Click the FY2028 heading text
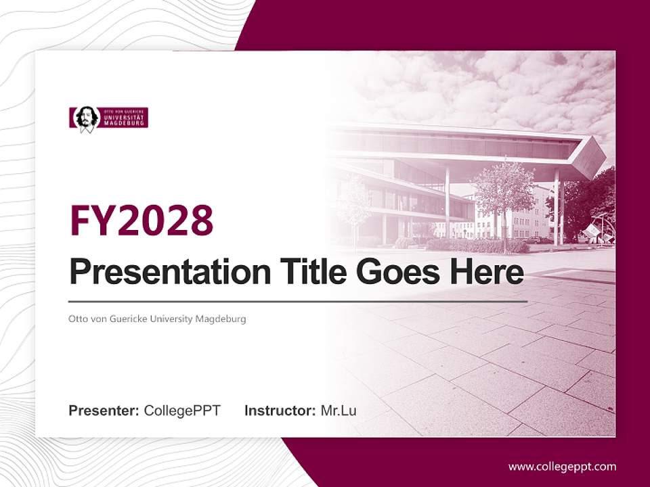pyautogui.click(x=142, y=220)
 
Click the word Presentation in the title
pyautogui.click(x=170, y=272)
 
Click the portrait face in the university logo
pyautogui.click(x=86, y=118)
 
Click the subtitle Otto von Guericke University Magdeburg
pyautogui.click(x=157, y=319)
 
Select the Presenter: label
pyautogui.click(x=104, y=411)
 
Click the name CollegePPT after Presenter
pyautogui.click(x=182, y=411)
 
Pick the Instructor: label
pyautogui.click(x=280, y=411)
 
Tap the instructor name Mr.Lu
pyautogui.click(x=339, y=411)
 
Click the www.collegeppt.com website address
pyautogui.click(x=562, y=467)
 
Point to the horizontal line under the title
pyautogui.click(x=298, y=301)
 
